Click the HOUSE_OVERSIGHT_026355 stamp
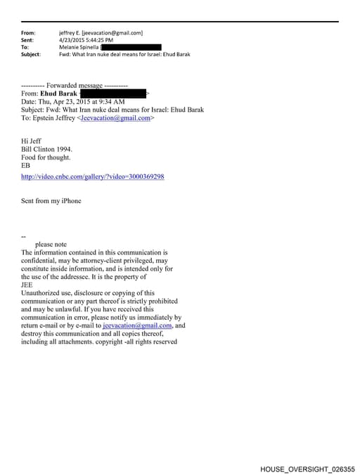[x=307, y=468]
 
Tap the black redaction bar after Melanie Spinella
[x=133, y=47]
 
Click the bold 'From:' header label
[x=28, y=33]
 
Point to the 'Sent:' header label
[x=27, y=40]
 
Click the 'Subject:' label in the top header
[x=31, y=54]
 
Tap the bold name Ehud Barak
[x=59, y=93]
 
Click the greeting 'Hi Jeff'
[x=32, y=141]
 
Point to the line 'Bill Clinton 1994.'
[x=47, y=150]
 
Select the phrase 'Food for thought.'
[x=46, y=157]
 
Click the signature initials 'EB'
[x=26, y=166]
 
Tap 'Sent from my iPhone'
[x=51, y=201]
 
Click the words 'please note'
[x=51, y=244]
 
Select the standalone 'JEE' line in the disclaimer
[x=28, y=285]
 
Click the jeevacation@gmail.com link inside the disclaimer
[x=137, y=326]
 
